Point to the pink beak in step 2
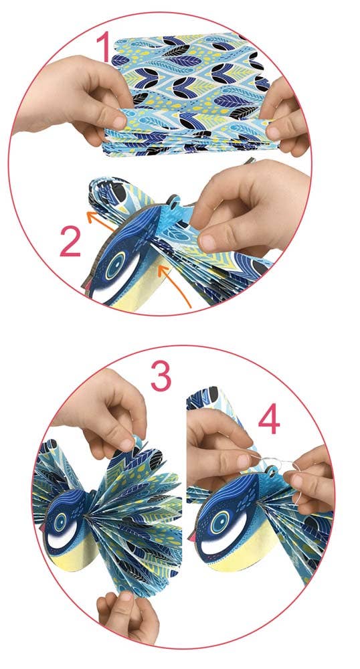click(x=88, y=288)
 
